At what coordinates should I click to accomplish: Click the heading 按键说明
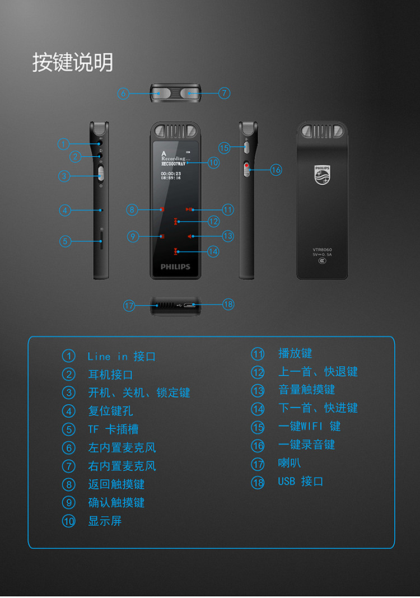pos(72,62)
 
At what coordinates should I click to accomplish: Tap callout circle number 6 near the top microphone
pos(123,94)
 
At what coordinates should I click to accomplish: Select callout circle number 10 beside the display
pos(213,162)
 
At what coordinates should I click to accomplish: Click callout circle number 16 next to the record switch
pos(276,169)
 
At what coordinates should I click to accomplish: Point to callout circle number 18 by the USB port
pos(228,304)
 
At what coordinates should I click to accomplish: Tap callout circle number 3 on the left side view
pos(66,176)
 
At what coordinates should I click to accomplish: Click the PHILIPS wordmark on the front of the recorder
pos(175,267)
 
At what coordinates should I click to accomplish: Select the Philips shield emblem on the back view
pos(322,175)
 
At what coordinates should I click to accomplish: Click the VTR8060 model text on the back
pos(322,249)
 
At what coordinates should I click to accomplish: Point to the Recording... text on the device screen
pos(176,158)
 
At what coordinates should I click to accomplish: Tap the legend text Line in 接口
pos(122,356)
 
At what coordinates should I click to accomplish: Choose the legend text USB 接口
pos(301,482)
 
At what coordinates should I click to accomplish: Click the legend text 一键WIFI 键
pos(309,426)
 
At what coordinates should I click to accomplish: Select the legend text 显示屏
pos(105,521)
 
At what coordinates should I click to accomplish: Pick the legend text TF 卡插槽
pos(113,429)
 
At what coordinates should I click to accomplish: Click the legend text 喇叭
pos(290,463)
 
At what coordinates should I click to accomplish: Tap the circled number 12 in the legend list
pos(258,372)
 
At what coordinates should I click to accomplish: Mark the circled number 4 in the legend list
pos(68,411)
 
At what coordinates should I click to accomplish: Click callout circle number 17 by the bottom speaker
pos(129,305)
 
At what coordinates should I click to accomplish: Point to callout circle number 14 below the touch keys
pos(213,251)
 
